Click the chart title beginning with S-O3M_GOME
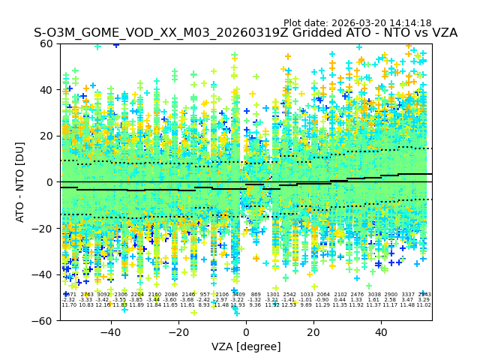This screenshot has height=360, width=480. coord(245,34)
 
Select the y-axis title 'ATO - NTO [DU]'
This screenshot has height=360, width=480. coord(20,181)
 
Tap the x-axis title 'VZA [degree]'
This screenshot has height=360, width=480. coord(246,346)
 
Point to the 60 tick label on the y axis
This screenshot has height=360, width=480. coord(46,43)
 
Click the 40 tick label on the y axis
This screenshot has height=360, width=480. coord(46,90)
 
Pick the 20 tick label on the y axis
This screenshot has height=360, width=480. coord(46,136)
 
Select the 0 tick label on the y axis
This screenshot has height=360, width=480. coord(49,182)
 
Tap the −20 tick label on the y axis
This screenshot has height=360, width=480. coord(43,228)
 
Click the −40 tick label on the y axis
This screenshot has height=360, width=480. coord(43,274)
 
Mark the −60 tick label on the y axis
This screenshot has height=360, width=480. coord(43,320)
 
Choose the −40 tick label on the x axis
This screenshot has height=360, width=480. coord(110,331)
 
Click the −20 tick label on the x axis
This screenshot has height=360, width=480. coord(178,331)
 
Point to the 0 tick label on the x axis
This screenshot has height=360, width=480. coord(246,331)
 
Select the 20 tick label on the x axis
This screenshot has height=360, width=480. coord(313,331)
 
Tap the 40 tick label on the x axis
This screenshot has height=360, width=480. coord(381,331)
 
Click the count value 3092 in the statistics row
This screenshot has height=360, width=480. coord(103,295)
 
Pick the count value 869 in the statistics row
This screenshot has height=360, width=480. coord(256,295)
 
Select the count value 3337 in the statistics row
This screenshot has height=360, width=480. coord(407,295)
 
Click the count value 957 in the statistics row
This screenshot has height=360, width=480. coord(205,295)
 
